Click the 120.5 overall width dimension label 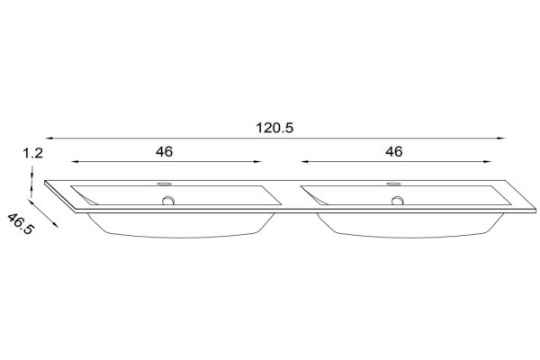click(x=274, y=128)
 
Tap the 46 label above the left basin click(x=164, y=151)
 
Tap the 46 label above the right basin click(x=393, y=151)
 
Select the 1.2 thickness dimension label click(x=32, y=153)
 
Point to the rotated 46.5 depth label click(x=21, y=224)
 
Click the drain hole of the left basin click(x=168, y=200)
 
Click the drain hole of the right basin click(x=398, y=200)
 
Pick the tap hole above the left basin click(x=165, y=184)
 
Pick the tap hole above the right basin click(x=393, y=184)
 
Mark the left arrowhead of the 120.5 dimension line click(x=49, y=138)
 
